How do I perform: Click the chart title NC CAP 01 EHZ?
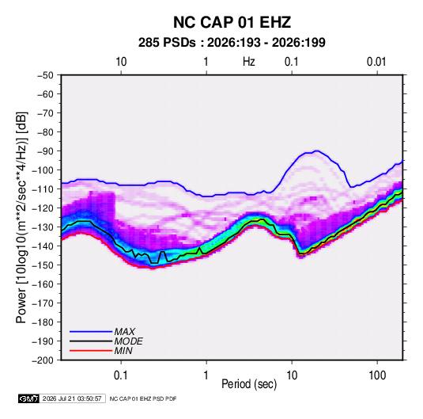(232, 22)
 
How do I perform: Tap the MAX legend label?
(124, 331)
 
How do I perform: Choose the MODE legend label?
(128, 341)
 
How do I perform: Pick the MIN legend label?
(123, 351)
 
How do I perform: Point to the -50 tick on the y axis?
(45, 75)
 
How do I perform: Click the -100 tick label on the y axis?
(43, 170)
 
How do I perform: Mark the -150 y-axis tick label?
(43, 265)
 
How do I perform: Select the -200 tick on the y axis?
(43, 360)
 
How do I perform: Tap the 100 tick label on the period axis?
(377, 375)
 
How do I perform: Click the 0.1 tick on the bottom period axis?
(121, 375)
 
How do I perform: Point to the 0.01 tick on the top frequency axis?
(376, 62)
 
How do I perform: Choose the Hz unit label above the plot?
(249, 62)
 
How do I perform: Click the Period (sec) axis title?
(249, 384)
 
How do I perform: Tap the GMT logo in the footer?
(29, 398)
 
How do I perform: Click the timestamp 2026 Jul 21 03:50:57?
(72, 398)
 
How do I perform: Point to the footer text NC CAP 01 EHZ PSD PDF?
(143, 398)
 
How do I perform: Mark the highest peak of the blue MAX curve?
(317, 151)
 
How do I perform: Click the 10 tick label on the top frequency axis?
(121, 62)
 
